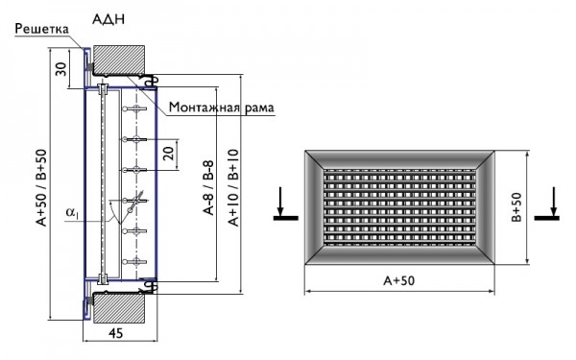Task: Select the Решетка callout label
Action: [x=41, y=29]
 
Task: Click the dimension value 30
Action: [x=61, y=69]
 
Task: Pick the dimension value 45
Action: [x=114, y=335]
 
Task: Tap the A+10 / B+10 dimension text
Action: [x=233, y=189]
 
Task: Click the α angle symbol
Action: [x=71, y=212]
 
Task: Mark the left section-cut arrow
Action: [x=278, y=206]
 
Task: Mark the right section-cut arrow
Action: [x=552, y=206]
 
